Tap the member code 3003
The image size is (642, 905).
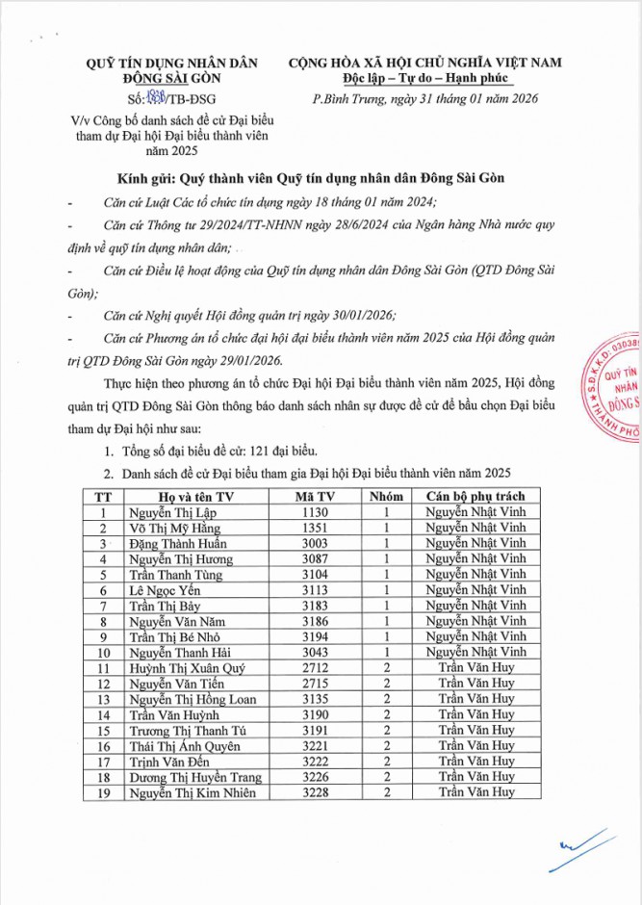click(315, 543)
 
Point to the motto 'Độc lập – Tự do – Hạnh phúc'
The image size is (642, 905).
click(424, 78)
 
